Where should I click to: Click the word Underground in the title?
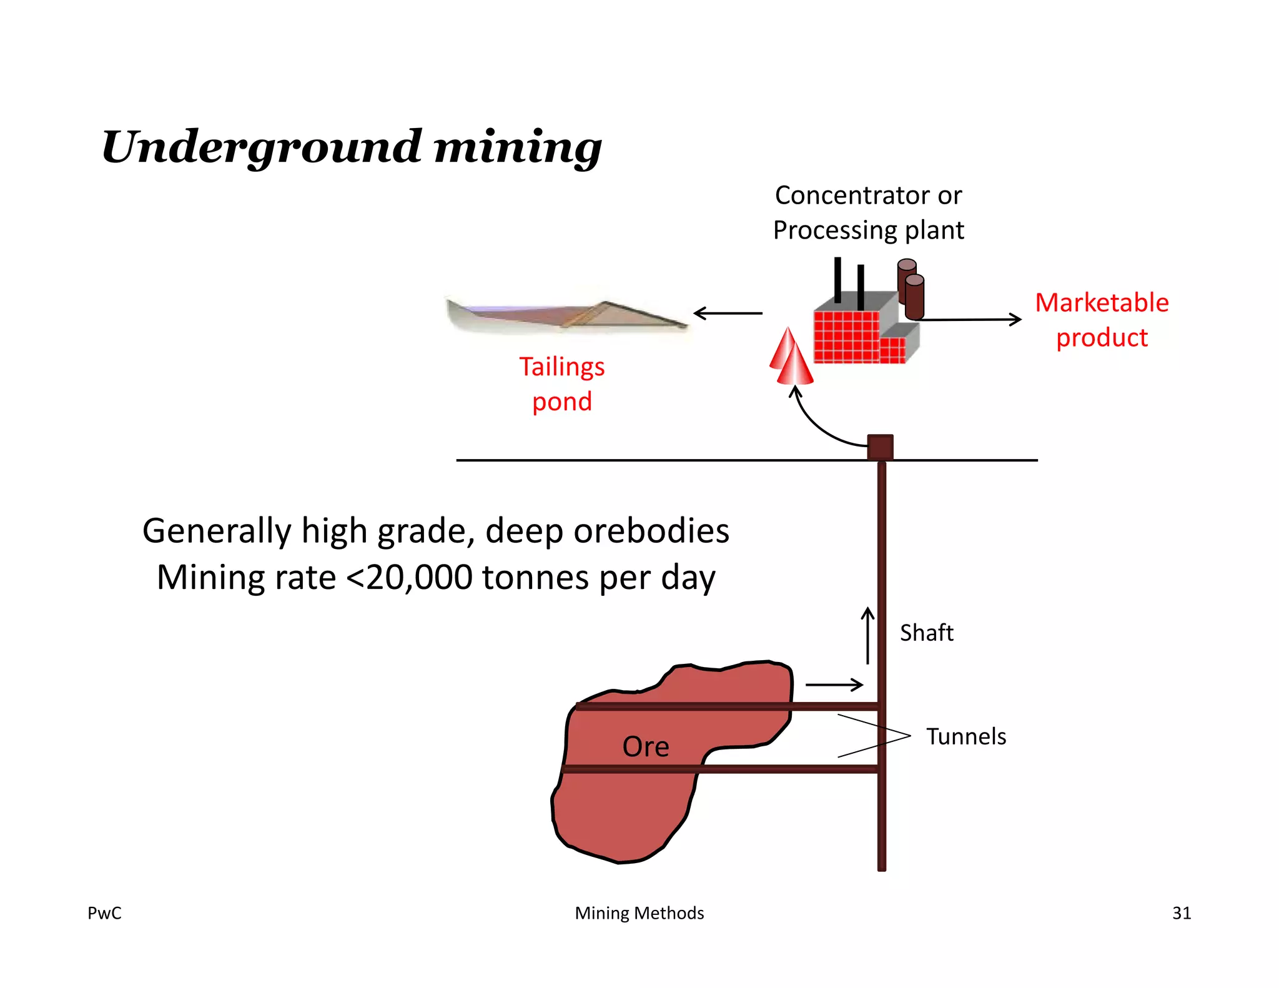pos(261,148)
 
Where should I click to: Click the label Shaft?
pos(926,633)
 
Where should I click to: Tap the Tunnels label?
pos(965,736)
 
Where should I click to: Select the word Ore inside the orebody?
pos(645,746)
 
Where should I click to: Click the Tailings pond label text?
pos(561,383)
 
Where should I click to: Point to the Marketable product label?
pos(1102,320)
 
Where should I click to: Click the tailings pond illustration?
pos(565,315)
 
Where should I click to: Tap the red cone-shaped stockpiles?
pos(791,358)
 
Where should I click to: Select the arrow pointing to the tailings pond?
pos(728,313)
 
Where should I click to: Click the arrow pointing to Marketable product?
pos(971,320)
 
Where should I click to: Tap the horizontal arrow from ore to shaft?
pos(834,685)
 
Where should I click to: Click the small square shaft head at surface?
pos(880,447)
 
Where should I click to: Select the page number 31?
pos(1181,913)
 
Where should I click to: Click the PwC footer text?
pos(104,913)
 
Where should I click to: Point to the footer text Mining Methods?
pos(639,913)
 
